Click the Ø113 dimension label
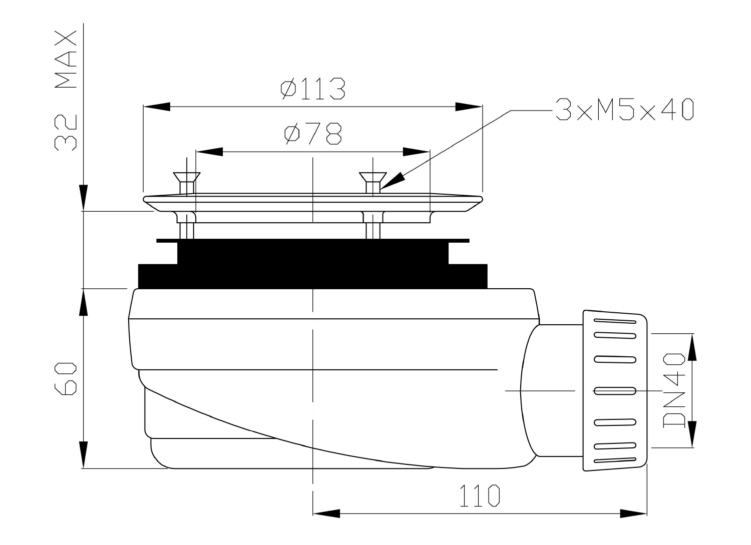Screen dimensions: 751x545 tap(313, 89)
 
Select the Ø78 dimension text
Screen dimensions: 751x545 tap(313, 134)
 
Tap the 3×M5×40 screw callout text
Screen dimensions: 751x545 tap(624, 109)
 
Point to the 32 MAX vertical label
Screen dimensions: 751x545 tap(66, 91)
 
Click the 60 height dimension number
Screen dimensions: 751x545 tap(66, 378)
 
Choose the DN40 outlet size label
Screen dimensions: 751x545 tap(674, 390)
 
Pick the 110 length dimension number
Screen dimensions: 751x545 tap(480, 495)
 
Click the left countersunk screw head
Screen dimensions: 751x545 tap(187, 177)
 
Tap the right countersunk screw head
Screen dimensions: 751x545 tap(373, 177)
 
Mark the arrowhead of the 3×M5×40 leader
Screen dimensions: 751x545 tap(392, 181)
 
